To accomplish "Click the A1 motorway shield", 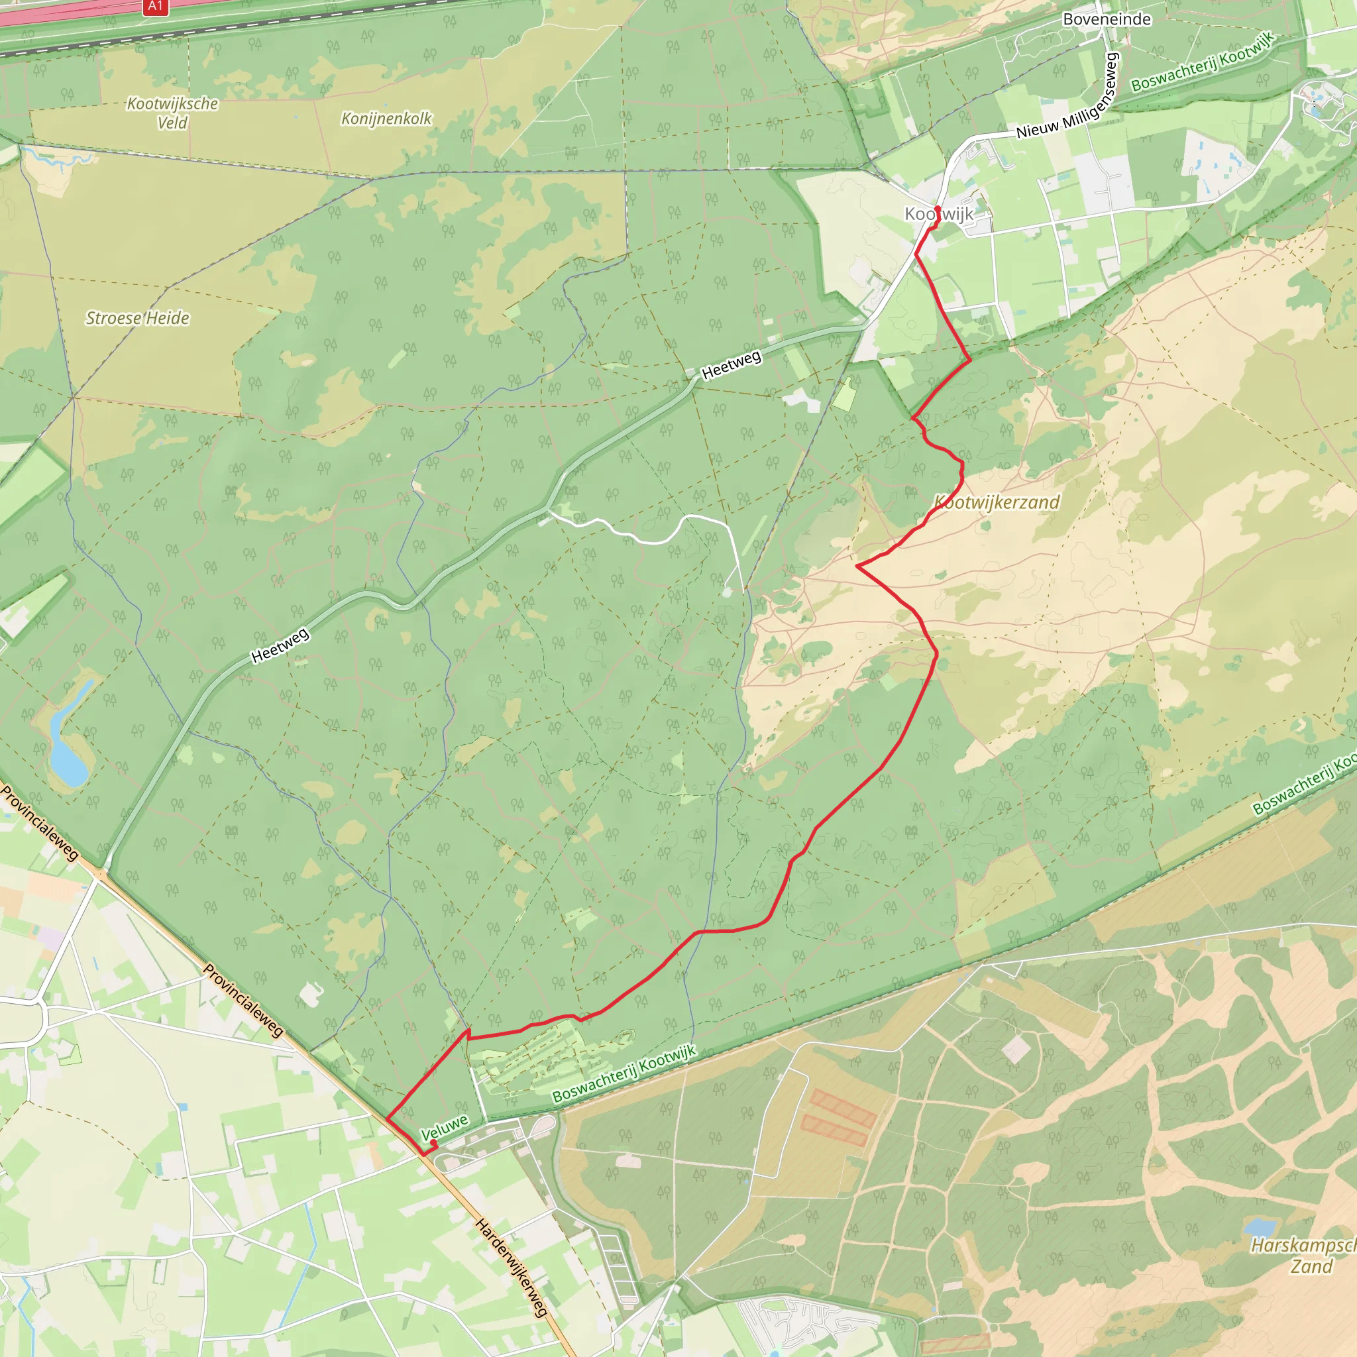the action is pyautogui.click(x=155, y=7).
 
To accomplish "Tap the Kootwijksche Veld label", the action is pyautogui.click(x=172, y=113).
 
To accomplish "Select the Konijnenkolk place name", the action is pyautogui.click(x=386, y=119).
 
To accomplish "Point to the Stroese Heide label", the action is pyautogui.click(x=138, y=318).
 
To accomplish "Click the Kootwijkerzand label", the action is pyautogui.click(x=997, y=502).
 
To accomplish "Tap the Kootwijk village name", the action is pyautogui.click(x=939, y=213).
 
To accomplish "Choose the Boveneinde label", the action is pyautogui.click(x=1107, y=19).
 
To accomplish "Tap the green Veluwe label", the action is pyautogui.click(x=444, y=1127).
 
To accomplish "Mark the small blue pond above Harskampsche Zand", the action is pyautogui.click(x=1260, y=1228).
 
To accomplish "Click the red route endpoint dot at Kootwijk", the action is pyautogui.click(x=938, y=209).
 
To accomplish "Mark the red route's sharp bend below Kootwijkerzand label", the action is pyautogui.click(x=857, y=565).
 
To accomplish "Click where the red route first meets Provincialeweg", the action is pyautogui.click(x=387, y=1118).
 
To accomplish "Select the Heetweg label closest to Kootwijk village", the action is pyautogui.click(x=732, y=365).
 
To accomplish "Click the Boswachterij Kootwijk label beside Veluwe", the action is pyautogui.click(x=624, y=1074).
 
